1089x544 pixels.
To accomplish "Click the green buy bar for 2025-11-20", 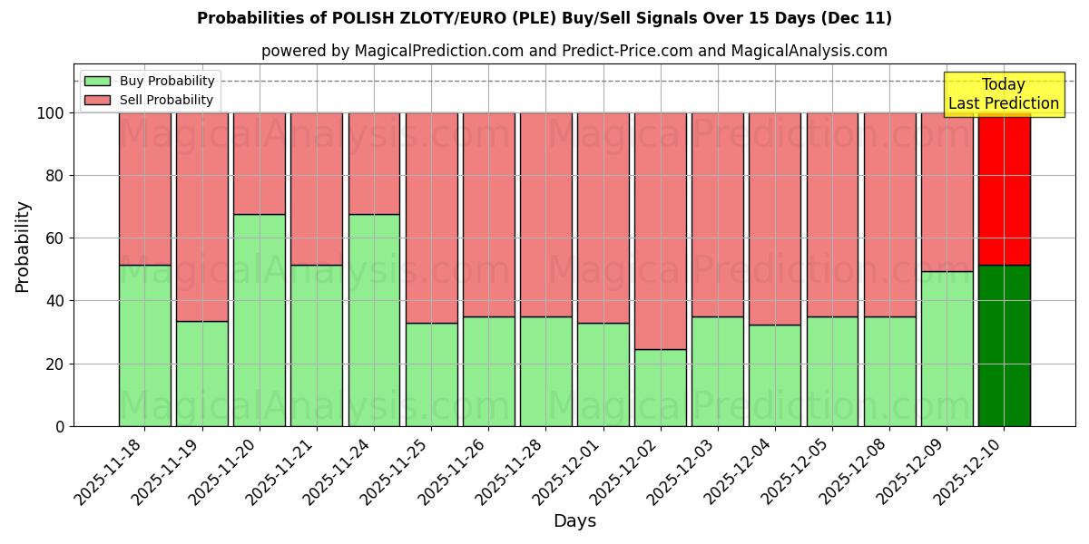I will [259, 320].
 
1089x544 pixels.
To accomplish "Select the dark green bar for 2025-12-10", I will [1004, 345].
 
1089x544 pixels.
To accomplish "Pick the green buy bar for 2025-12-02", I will [660, 387].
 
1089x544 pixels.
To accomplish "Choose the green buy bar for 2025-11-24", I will [374, 320].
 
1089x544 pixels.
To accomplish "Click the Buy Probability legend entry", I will [149, 81].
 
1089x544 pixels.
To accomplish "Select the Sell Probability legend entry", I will [149, 100].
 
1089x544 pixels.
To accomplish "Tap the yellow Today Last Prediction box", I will [1004, 94].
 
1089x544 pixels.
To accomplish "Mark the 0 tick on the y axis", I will [60, 426].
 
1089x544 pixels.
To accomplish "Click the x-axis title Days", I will [574, 521].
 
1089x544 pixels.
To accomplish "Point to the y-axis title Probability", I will [23, 247].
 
